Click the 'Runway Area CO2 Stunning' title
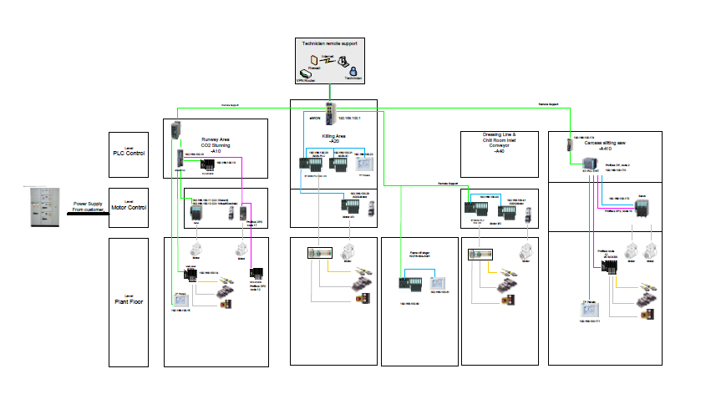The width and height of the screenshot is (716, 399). click(220, 144)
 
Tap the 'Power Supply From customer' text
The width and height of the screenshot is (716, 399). click(92, 208)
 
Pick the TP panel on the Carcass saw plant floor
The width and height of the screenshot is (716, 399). click(592, 311)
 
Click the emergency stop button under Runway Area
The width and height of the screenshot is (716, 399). click(224, 305)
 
